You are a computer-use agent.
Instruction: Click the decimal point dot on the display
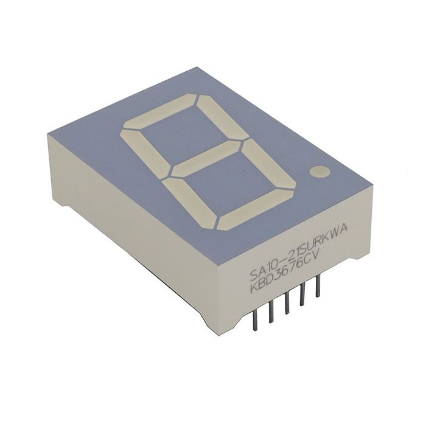319,172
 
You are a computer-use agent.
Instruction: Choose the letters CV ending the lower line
316,260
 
